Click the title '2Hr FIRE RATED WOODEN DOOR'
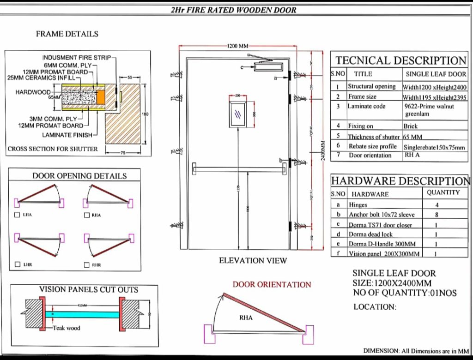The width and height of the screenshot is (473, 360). [233, 10]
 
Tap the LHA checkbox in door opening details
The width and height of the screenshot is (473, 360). [18, 215]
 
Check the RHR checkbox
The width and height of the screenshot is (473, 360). [86, 265]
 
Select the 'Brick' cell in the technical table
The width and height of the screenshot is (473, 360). [410, 126]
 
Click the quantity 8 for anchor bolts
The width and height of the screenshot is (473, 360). [437, 215]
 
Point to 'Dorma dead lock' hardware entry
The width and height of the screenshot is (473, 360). [370, 234]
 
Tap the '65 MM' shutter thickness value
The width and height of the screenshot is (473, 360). [413, 137]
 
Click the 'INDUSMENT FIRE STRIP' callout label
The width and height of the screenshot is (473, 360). [76, 58]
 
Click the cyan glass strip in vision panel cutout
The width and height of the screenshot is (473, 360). [82, 314]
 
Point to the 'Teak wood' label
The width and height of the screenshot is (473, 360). [66, 328]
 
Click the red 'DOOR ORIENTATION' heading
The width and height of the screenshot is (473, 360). [272, 284]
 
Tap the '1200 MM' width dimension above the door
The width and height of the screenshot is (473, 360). [238, 46]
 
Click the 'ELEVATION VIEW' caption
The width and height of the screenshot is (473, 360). [253, 260]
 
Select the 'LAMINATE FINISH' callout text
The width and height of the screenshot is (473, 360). [67, 135]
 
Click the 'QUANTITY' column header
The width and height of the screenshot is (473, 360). [443, 192]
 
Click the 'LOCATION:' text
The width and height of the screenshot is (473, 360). [375, 307]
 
